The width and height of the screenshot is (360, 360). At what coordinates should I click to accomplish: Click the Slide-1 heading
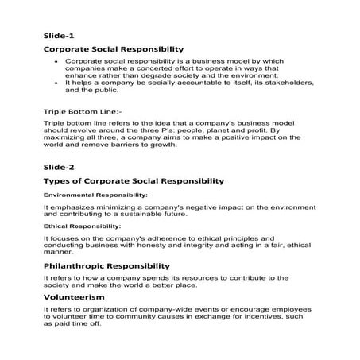click(x=58, y=35)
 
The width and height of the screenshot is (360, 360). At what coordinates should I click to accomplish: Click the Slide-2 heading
click(x=58, y=168)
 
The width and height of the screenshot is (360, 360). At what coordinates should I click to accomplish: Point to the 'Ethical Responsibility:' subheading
click(x=83, y=226)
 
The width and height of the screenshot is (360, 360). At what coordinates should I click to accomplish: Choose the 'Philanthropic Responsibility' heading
click(x=106, y=265)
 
